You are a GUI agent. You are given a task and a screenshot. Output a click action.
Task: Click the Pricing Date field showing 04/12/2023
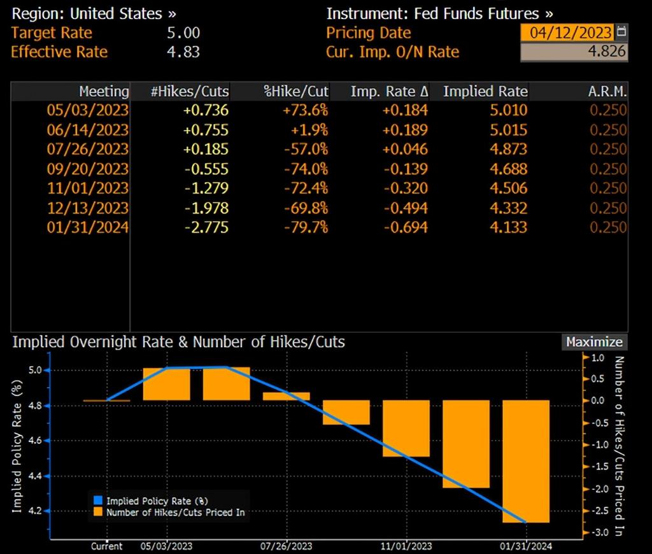567,32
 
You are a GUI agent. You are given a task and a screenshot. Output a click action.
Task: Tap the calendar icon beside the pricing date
622,32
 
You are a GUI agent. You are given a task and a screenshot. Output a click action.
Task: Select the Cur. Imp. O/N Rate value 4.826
574,52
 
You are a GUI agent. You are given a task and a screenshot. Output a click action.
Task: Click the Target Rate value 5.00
183,33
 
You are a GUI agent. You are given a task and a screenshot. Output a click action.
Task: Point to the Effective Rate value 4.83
183,52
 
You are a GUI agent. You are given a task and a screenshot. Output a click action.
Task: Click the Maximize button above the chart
594,342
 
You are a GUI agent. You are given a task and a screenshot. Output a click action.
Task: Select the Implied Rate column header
485,91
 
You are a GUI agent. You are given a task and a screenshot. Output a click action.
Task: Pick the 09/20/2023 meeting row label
87,169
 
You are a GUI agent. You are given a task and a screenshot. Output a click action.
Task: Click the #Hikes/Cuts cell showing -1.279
206,188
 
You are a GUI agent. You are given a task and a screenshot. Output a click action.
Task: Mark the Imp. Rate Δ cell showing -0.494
405,208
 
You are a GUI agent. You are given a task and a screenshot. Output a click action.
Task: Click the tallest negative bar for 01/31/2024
525,461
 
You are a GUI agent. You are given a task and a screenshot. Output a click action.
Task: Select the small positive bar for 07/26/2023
286,396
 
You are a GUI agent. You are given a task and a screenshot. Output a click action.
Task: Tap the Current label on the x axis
107,546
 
